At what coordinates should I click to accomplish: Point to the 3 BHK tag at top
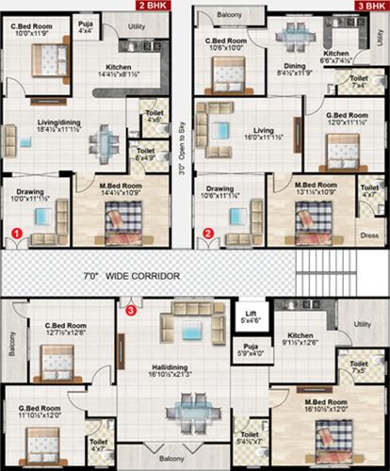pos(369,5)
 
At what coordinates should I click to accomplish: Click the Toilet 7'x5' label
pos(359,367)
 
